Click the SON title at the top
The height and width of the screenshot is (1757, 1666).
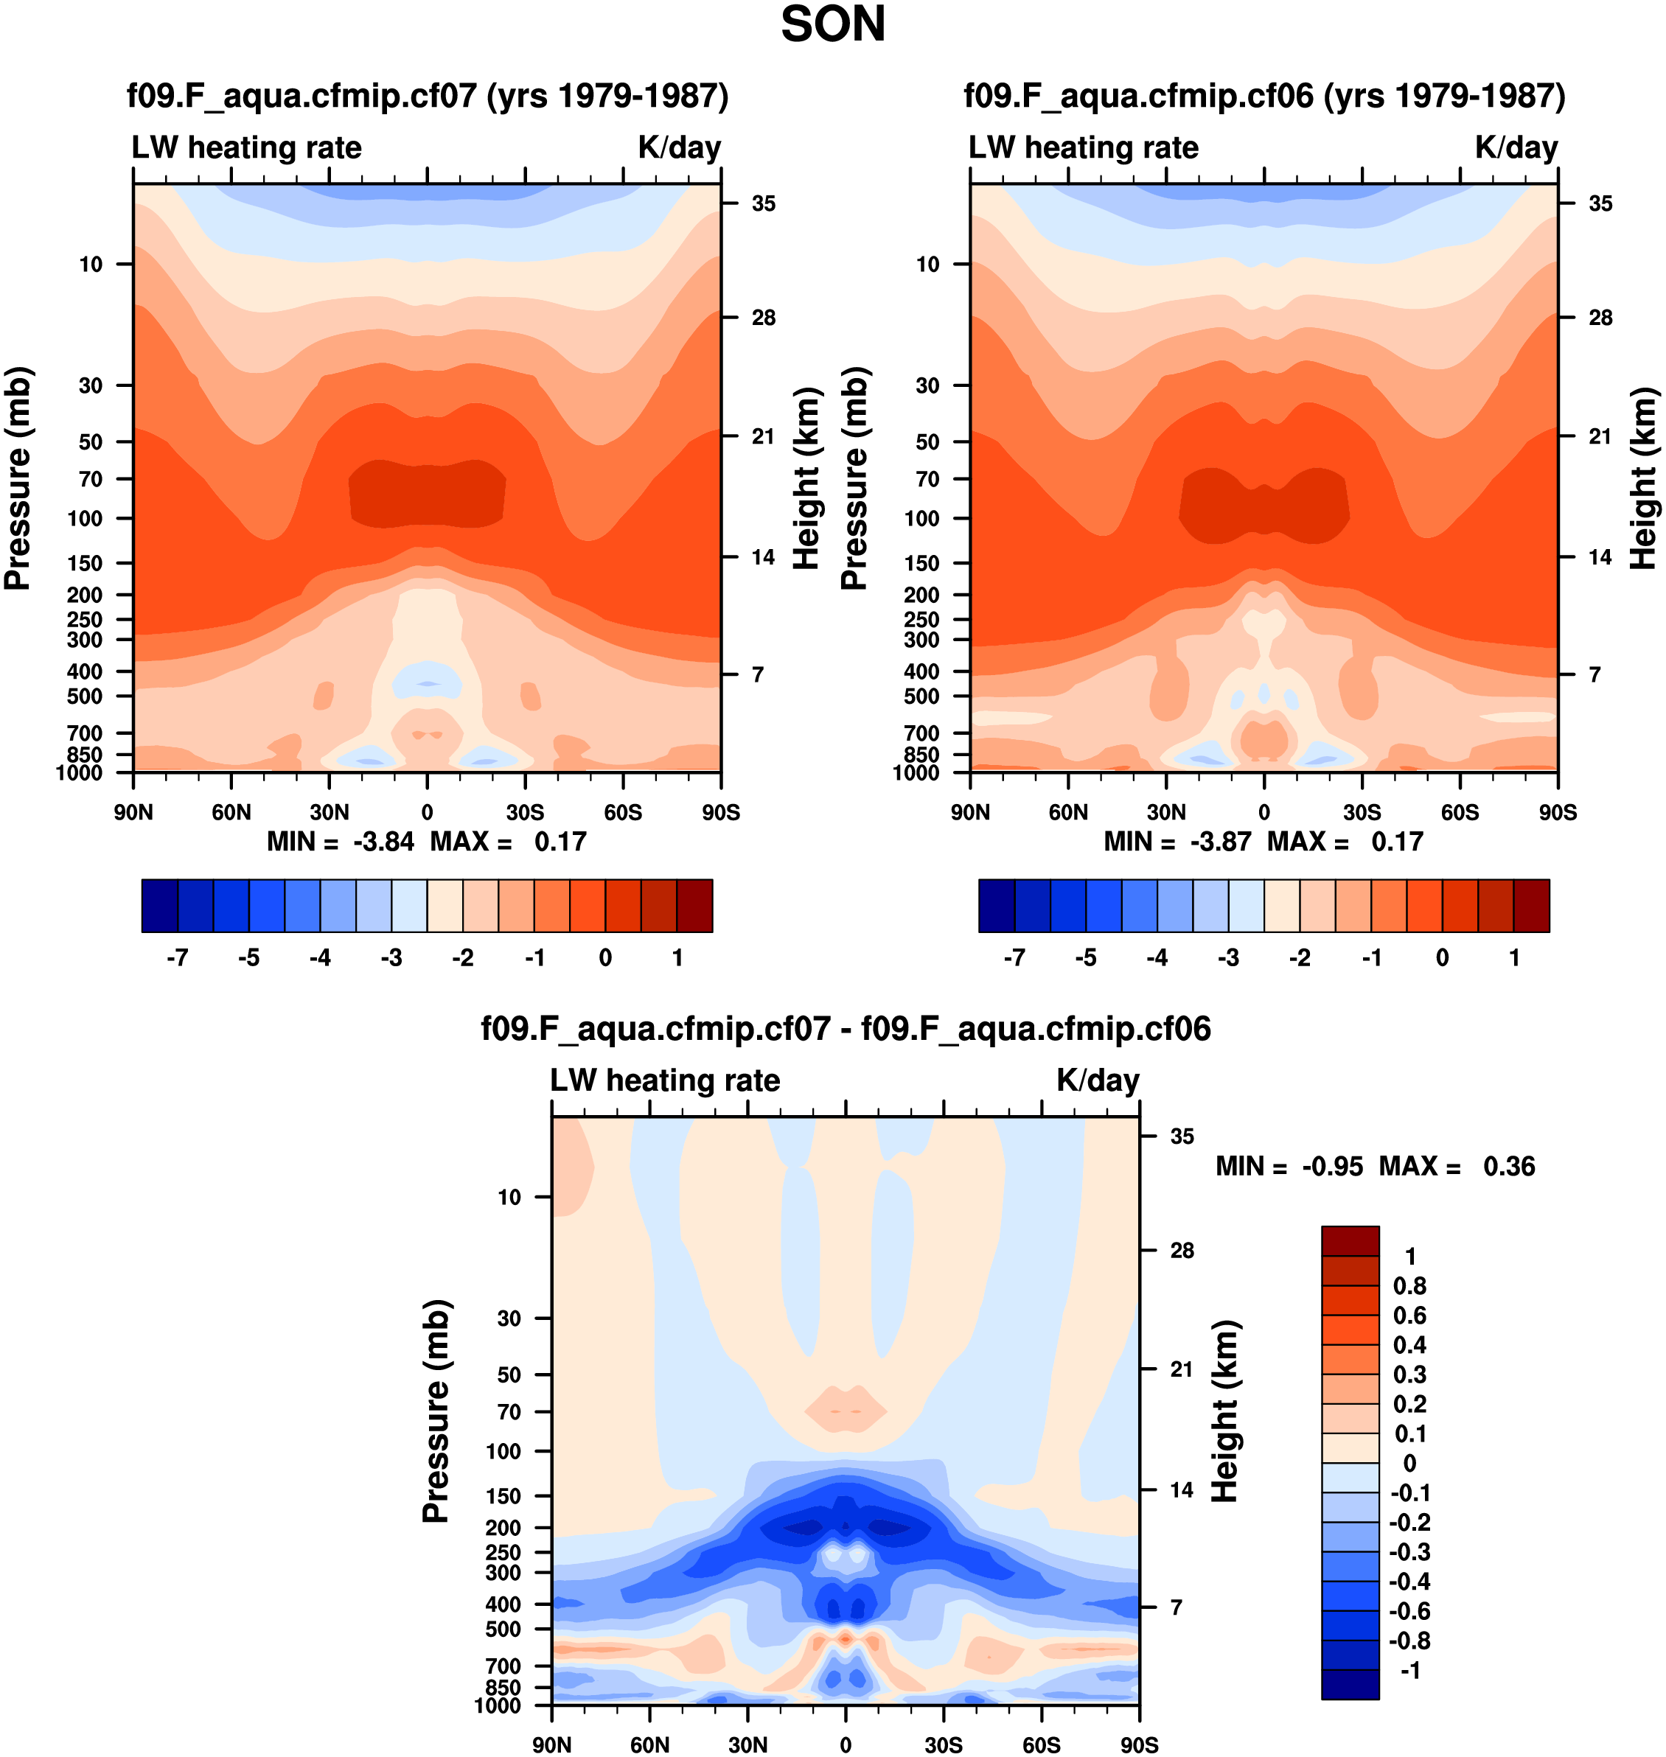(x=832, y=25)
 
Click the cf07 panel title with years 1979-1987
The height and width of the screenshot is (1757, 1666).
(x=427, y=96)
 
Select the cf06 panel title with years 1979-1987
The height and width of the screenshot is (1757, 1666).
(x=1264, y=96)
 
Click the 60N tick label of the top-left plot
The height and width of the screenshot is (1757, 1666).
(x=231, y=812)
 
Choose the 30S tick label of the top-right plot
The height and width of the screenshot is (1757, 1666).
(x=1362, y=812)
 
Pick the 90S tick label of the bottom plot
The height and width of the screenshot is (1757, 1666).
(x=1138, y=1744)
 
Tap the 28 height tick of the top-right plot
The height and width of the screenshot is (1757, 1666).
(x=1600, y=318)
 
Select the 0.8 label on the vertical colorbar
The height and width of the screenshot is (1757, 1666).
(x=1409, y=1285)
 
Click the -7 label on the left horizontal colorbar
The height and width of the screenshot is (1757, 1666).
(x=178, y=958)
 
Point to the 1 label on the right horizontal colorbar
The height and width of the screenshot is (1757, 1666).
(x=1514, y=958)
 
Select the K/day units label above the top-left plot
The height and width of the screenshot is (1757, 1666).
(x=680, y=147)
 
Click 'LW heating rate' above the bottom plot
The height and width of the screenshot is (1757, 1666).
(x=665, y=1080)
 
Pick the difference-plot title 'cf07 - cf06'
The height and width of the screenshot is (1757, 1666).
(x=846, y=1029)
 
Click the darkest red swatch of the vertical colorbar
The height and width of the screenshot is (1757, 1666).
(x=1350, y=1240)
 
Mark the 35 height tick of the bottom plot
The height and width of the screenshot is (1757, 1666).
(x=1182, y=1136)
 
